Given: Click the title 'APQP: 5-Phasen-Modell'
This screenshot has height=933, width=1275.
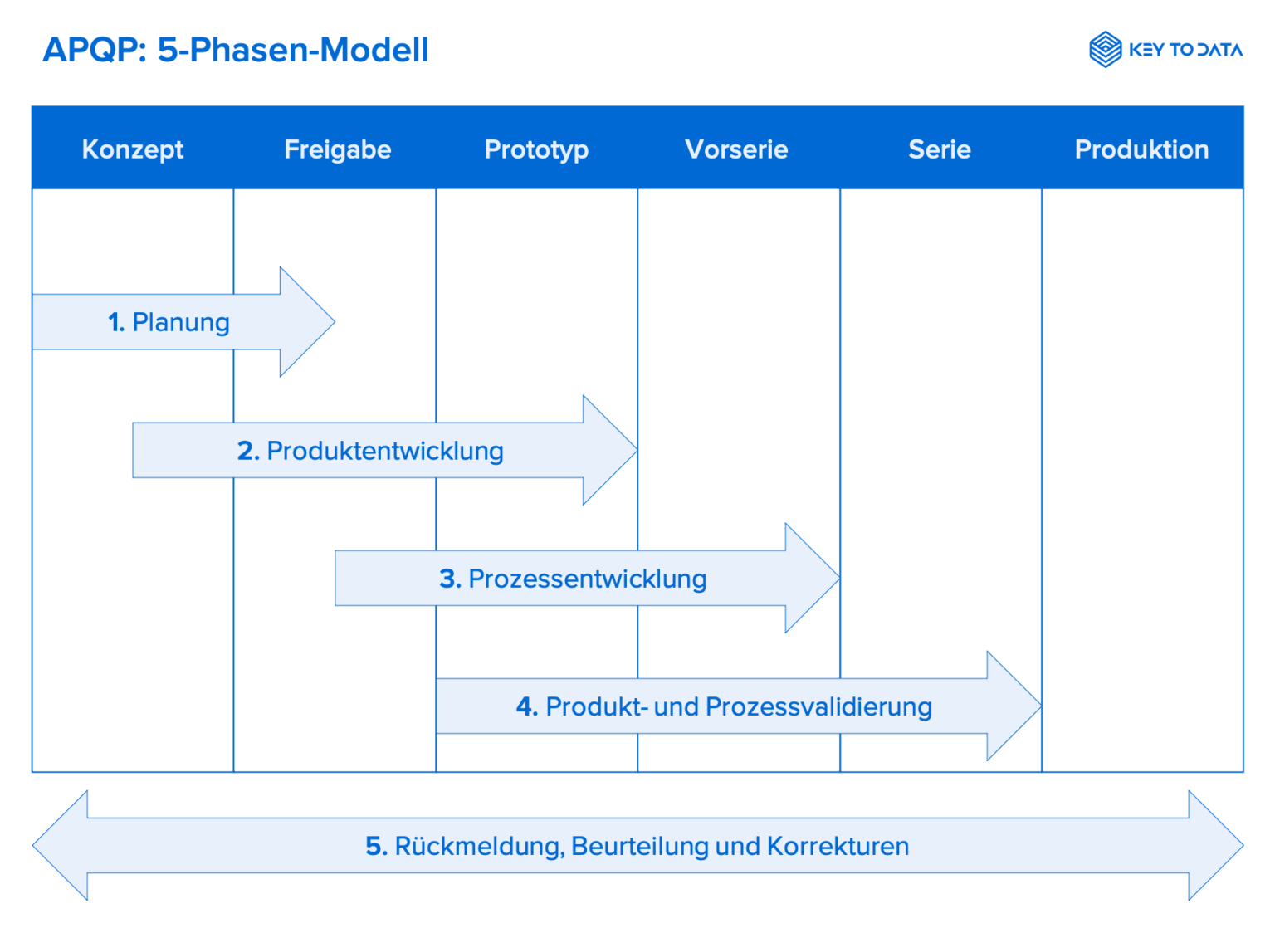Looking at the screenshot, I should point(235,50).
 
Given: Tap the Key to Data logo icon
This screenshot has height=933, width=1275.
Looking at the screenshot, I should point(1105,50).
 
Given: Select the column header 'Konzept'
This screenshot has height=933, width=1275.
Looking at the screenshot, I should point(133,149).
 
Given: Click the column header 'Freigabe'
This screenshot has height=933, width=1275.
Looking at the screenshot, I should point(337,149).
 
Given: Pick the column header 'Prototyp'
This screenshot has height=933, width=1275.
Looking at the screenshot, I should point(536,149).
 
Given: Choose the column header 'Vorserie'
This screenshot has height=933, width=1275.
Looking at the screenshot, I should point(736,149).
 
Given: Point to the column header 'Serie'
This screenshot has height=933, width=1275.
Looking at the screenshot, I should point(939,149).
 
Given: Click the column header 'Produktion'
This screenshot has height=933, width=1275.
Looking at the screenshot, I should point(1141,149).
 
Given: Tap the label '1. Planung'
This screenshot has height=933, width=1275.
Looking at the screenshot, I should point(169,322).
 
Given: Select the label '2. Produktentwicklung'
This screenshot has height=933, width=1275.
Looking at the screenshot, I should point(370,451).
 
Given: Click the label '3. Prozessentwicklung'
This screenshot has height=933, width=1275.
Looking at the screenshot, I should point(573,579).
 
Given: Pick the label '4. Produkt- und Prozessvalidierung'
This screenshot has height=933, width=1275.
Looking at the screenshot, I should point(724,706).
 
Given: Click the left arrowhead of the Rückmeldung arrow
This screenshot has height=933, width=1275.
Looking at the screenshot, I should point(63,845).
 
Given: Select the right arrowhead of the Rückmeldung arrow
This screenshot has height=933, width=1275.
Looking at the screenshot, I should point(1213,845).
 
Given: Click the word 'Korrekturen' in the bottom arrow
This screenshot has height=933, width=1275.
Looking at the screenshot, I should point(838,846).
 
